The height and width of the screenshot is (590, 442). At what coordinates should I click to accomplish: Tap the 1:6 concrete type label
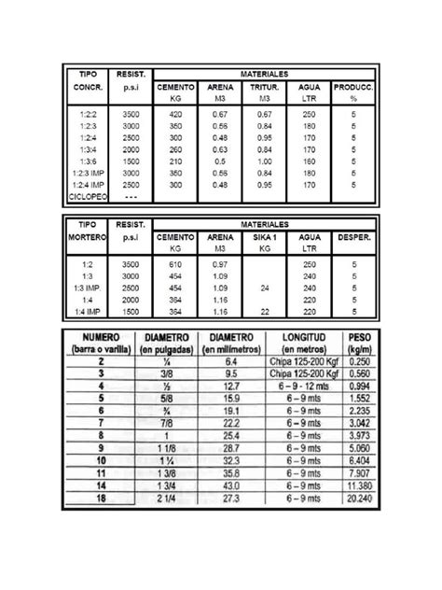point(85,161)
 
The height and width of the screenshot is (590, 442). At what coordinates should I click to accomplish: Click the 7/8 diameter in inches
point(165,424)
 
